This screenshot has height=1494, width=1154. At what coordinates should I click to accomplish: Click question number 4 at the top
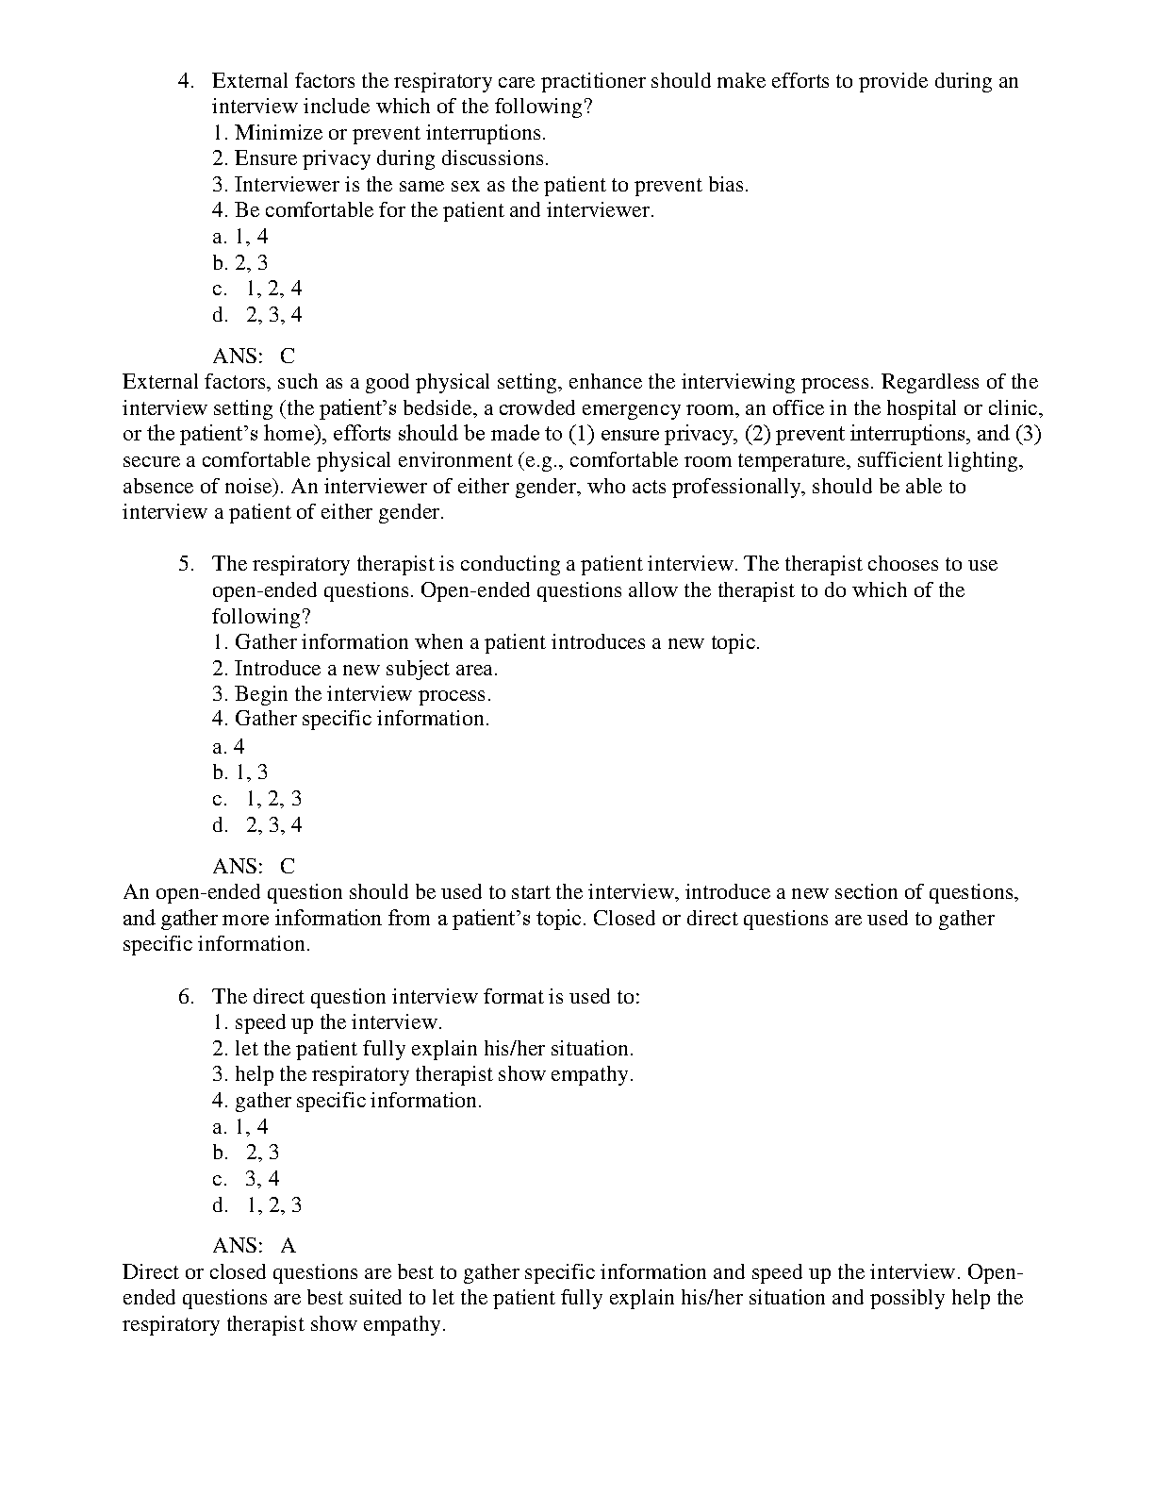tap(186, 81)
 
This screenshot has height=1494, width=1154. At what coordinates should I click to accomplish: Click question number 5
tap(186, 564)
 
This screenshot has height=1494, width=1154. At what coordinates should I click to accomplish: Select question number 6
tap(186, 997)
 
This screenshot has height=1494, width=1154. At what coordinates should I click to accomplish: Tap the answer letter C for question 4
tap(288, 357)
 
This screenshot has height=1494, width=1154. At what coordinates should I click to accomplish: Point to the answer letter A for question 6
tap(288, 1246)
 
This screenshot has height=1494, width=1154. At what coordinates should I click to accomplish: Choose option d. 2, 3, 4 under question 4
tap(257, 315)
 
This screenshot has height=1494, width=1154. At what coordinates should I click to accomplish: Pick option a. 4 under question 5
tap(228, 747)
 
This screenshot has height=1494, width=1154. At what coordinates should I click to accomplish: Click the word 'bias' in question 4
tap(727, 185)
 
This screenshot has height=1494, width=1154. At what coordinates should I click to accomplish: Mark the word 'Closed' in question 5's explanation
tap(624, 919)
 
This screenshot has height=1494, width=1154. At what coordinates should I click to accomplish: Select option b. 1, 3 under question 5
tap(240, 773)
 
